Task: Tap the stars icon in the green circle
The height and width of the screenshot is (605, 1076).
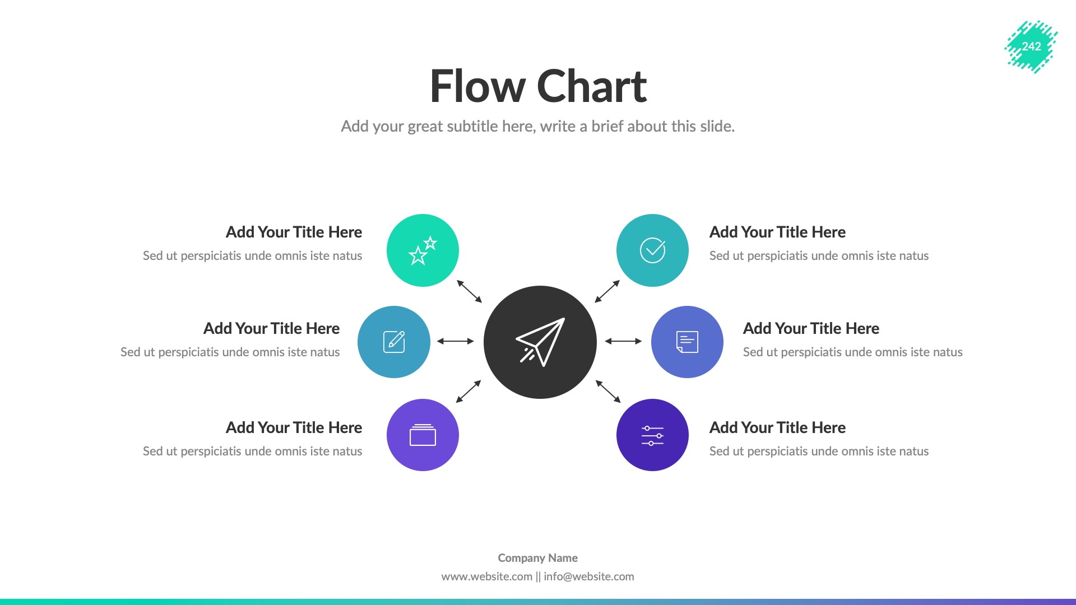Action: coord(423,250)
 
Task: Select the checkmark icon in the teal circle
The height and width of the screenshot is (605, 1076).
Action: coord(652,250)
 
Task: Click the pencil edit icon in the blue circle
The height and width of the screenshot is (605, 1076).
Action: coord(394,342)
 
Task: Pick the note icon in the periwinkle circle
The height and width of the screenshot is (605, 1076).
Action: coord(687,342)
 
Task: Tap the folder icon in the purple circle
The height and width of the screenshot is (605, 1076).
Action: coord(423,435)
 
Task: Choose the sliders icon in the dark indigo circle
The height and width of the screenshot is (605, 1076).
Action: coord(652,435)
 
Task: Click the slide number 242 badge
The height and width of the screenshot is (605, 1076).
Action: coord(1031,46)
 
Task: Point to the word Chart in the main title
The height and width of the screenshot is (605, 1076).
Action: coord(592,87)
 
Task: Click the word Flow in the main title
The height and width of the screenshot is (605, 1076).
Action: coord(477,87)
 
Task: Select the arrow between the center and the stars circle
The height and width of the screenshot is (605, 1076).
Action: coord(470,291)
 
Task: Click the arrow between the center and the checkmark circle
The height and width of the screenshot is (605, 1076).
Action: coord(607,291)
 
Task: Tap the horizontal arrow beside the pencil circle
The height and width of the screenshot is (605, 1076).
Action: coord(456,341)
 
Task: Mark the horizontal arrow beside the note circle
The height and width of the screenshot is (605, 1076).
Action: coord(623,341)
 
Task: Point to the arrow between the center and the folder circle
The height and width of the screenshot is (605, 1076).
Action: coord(469,392)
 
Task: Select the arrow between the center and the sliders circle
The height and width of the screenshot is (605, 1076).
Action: coord(608,392)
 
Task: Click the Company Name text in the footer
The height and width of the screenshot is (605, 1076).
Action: coord(537,558)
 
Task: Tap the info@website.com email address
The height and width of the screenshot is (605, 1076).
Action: coord(589,576)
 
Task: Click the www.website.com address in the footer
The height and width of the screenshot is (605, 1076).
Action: coord(486,576)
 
